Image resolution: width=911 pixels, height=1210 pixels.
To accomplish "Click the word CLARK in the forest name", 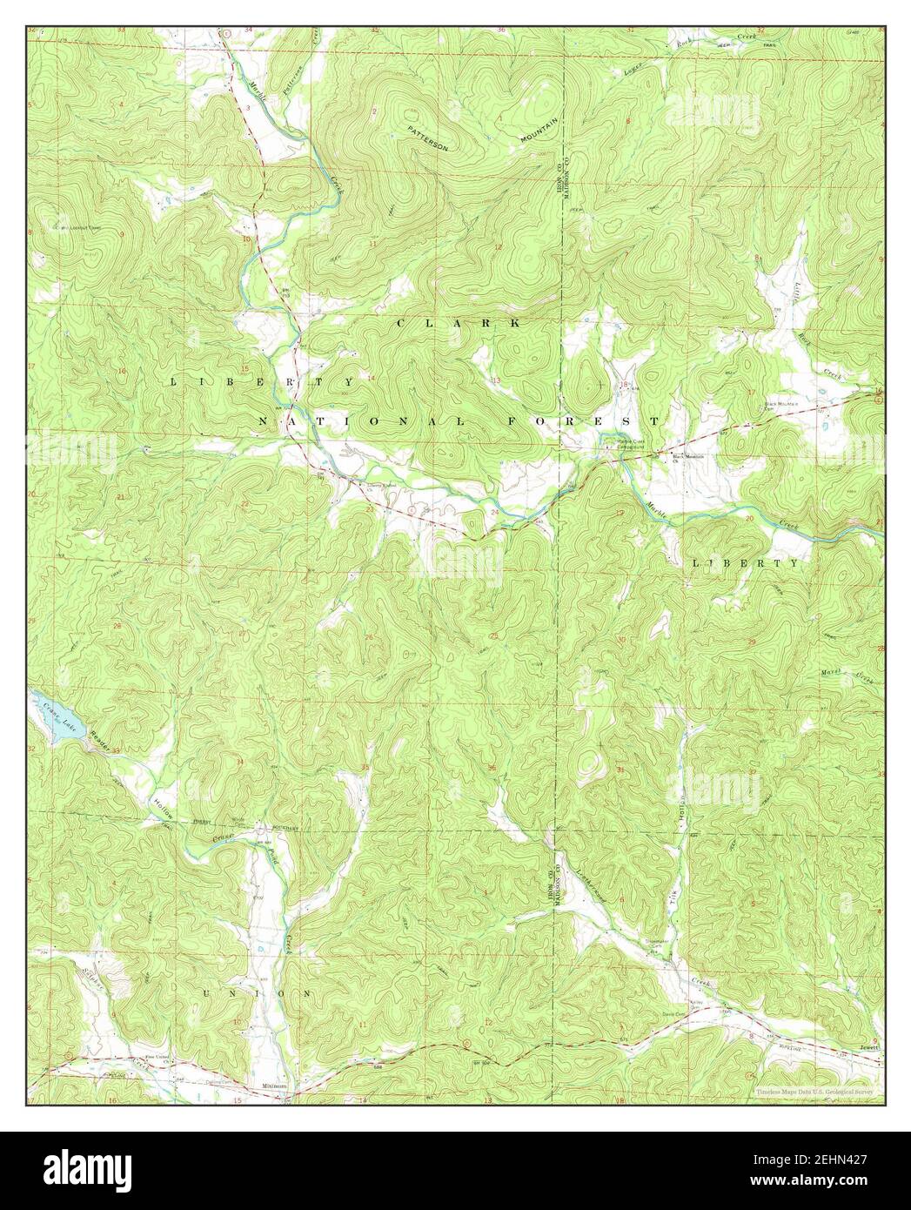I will pos(459,323).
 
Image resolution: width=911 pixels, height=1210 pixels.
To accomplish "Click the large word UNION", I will pos(257,993).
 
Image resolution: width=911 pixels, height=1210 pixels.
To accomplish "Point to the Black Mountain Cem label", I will pos(780,406).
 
